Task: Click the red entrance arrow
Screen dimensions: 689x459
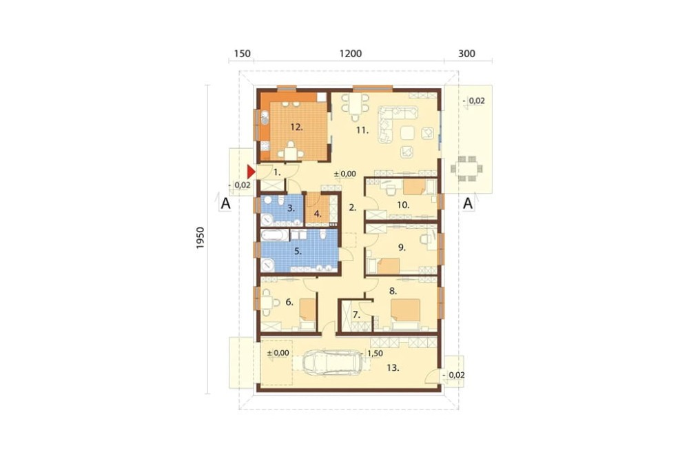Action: tap(251, 172)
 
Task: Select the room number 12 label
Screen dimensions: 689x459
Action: tap(296, 127)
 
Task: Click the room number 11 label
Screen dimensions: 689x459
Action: tap(362, 130)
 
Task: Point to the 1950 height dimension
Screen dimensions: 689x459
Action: tap(200, 238)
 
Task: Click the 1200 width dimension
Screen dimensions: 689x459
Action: tap(351, 54)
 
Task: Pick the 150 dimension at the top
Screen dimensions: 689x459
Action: tap(242, 54)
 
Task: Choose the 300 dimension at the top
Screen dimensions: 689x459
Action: tap(466, 54)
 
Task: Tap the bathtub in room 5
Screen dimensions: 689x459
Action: tap(275, 235)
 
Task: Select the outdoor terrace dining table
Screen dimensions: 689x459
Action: tap(466, 168)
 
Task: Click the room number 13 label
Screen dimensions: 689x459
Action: tap(393, 368)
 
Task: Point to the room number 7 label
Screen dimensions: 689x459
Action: tap(356, 315)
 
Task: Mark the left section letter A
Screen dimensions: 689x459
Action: tap(225, 203)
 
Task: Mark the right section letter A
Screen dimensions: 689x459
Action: tap(468, 203)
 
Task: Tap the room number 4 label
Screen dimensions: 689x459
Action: tap(318, 214)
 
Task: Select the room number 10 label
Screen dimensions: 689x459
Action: tap(403, 205)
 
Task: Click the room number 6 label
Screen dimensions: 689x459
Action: tap(289, 302)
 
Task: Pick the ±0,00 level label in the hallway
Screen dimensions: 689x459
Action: tap(345, 174)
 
